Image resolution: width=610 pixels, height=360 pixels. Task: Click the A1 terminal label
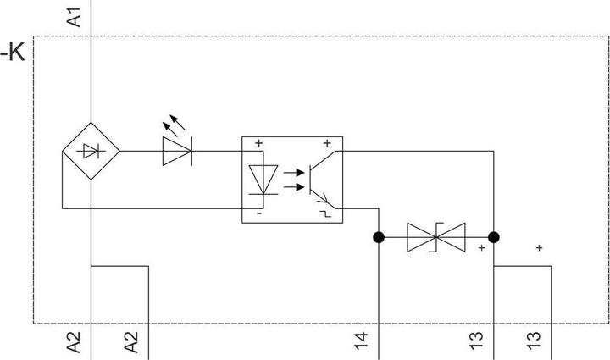[75, 15]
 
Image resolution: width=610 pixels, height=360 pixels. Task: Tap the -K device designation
[14, 54]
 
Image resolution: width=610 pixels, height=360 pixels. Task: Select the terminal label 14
[361, 343]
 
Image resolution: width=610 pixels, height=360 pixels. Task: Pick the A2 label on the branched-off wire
[131, 343]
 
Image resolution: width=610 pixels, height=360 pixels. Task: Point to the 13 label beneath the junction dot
[477, 343]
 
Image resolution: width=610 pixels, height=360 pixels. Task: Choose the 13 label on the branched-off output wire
[534, 343]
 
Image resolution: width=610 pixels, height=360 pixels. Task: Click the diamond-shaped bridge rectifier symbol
[91, 152]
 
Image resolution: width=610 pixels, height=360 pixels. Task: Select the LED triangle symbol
[177, 152]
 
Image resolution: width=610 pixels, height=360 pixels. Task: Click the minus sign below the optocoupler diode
[258, 213]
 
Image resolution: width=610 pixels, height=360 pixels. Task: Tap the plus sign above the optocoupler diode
[258, 144]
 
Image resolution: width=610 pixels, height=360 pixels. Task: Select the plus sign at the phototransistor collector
[326, 144]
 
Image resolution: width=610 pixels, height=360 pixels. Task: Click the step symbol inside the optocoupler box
[325, 213]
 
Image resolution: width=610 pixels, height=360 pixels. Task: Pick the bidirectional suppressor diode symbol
[435, 238]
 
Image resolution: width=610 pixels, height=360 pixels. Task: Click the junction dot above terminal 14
[379, 238]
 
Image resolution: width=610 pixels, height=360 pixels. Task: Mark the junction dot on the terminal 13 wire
[494, 238]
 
